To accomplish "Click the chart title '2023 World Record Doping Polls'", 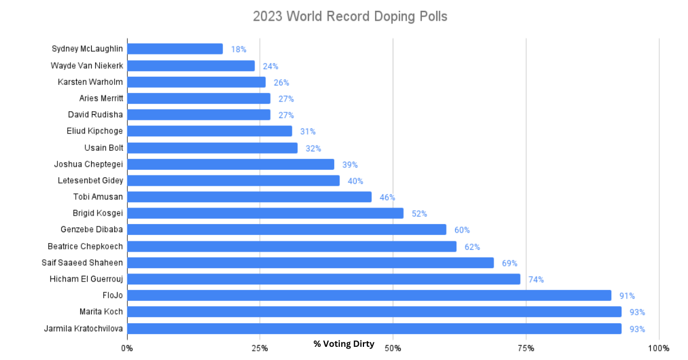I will pyautogui.click(x=350, y=17).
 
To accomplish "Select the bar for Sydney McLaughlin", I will pyautogui.click(x=175, y=49).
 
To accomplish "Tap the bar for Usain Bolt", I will pyautogui.click(x=212, y=148).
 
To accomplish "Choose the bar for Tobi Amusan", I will pyautogui.click(x=249, y=197).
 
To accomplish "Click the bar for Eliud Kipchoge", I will pyautogui.click(x=209, y=131).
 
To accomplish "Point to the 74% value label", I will pyautogui.click(x=536, y=280).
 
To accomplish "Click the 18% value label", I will pyautogui.click(x=239, y=49).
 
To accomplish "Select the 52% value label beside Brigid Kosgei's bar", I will pyautogui.click(x=419, y=214).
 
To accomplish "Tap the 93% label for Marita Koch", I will pyautogui.click(x=637, y=312).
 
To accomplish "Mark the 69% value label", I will pyautogui.click(x=509, y=263).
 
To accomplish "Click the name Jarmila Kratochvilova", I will pyautogui.click(x=83, y=328).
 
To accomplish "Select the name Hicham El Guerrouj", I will pyautogui.click(x=87, y=279).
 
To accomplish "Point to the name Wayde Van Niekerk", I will pyautogui.click(x=87, y=65).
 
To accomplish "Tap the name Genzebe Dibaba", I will pyautogui.click(x=92, y=230).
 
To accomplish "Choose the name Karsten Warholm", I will pyautogui.click(x=90, y=82).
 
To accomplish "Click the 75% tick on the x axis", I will pyautogui.click(x=526, y=348).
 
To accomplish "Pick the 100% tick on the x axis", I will pyautogui.click(x=658, y=348).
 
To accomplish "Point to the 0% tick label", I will pyautogui.click(x=127, y=348).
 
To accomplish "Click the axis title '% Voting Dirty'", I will pyautogui.click(x=344, y=344).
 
